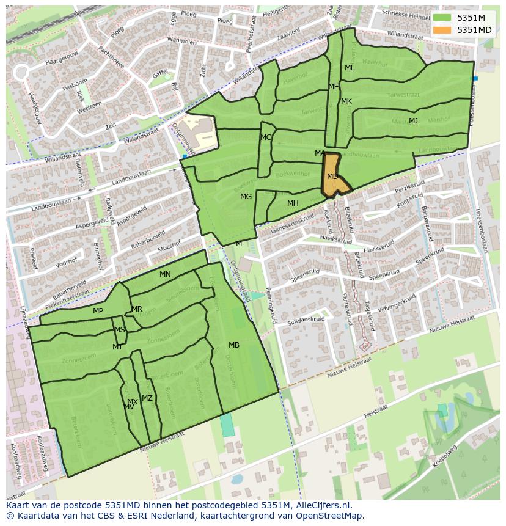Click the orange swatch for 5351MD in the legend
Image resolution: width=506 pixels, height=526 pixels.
443,30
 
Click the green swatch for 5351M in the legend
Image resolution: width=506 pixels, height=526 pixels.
443,18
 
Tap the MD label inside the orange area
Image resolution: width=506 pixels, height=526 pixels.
332,177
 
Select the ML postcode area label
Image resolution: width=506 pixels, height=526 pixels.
350,68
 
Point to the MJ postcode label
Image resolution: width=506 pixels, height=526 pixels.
414,121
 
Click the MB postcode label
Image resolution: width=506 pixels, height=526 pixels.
234,345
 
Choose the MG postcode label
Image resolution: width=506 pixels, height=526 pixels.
246,197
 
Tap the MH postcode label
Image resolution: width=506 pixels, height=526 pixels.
293,203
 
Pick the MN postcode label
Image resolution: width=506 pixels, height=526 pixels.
165,274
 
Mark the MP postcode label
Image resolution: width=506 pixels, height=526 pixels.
98,311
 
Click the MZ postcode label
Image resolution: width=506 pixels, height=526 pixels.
147,398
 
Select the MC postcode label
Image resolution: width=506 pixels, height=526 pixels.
266,137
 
